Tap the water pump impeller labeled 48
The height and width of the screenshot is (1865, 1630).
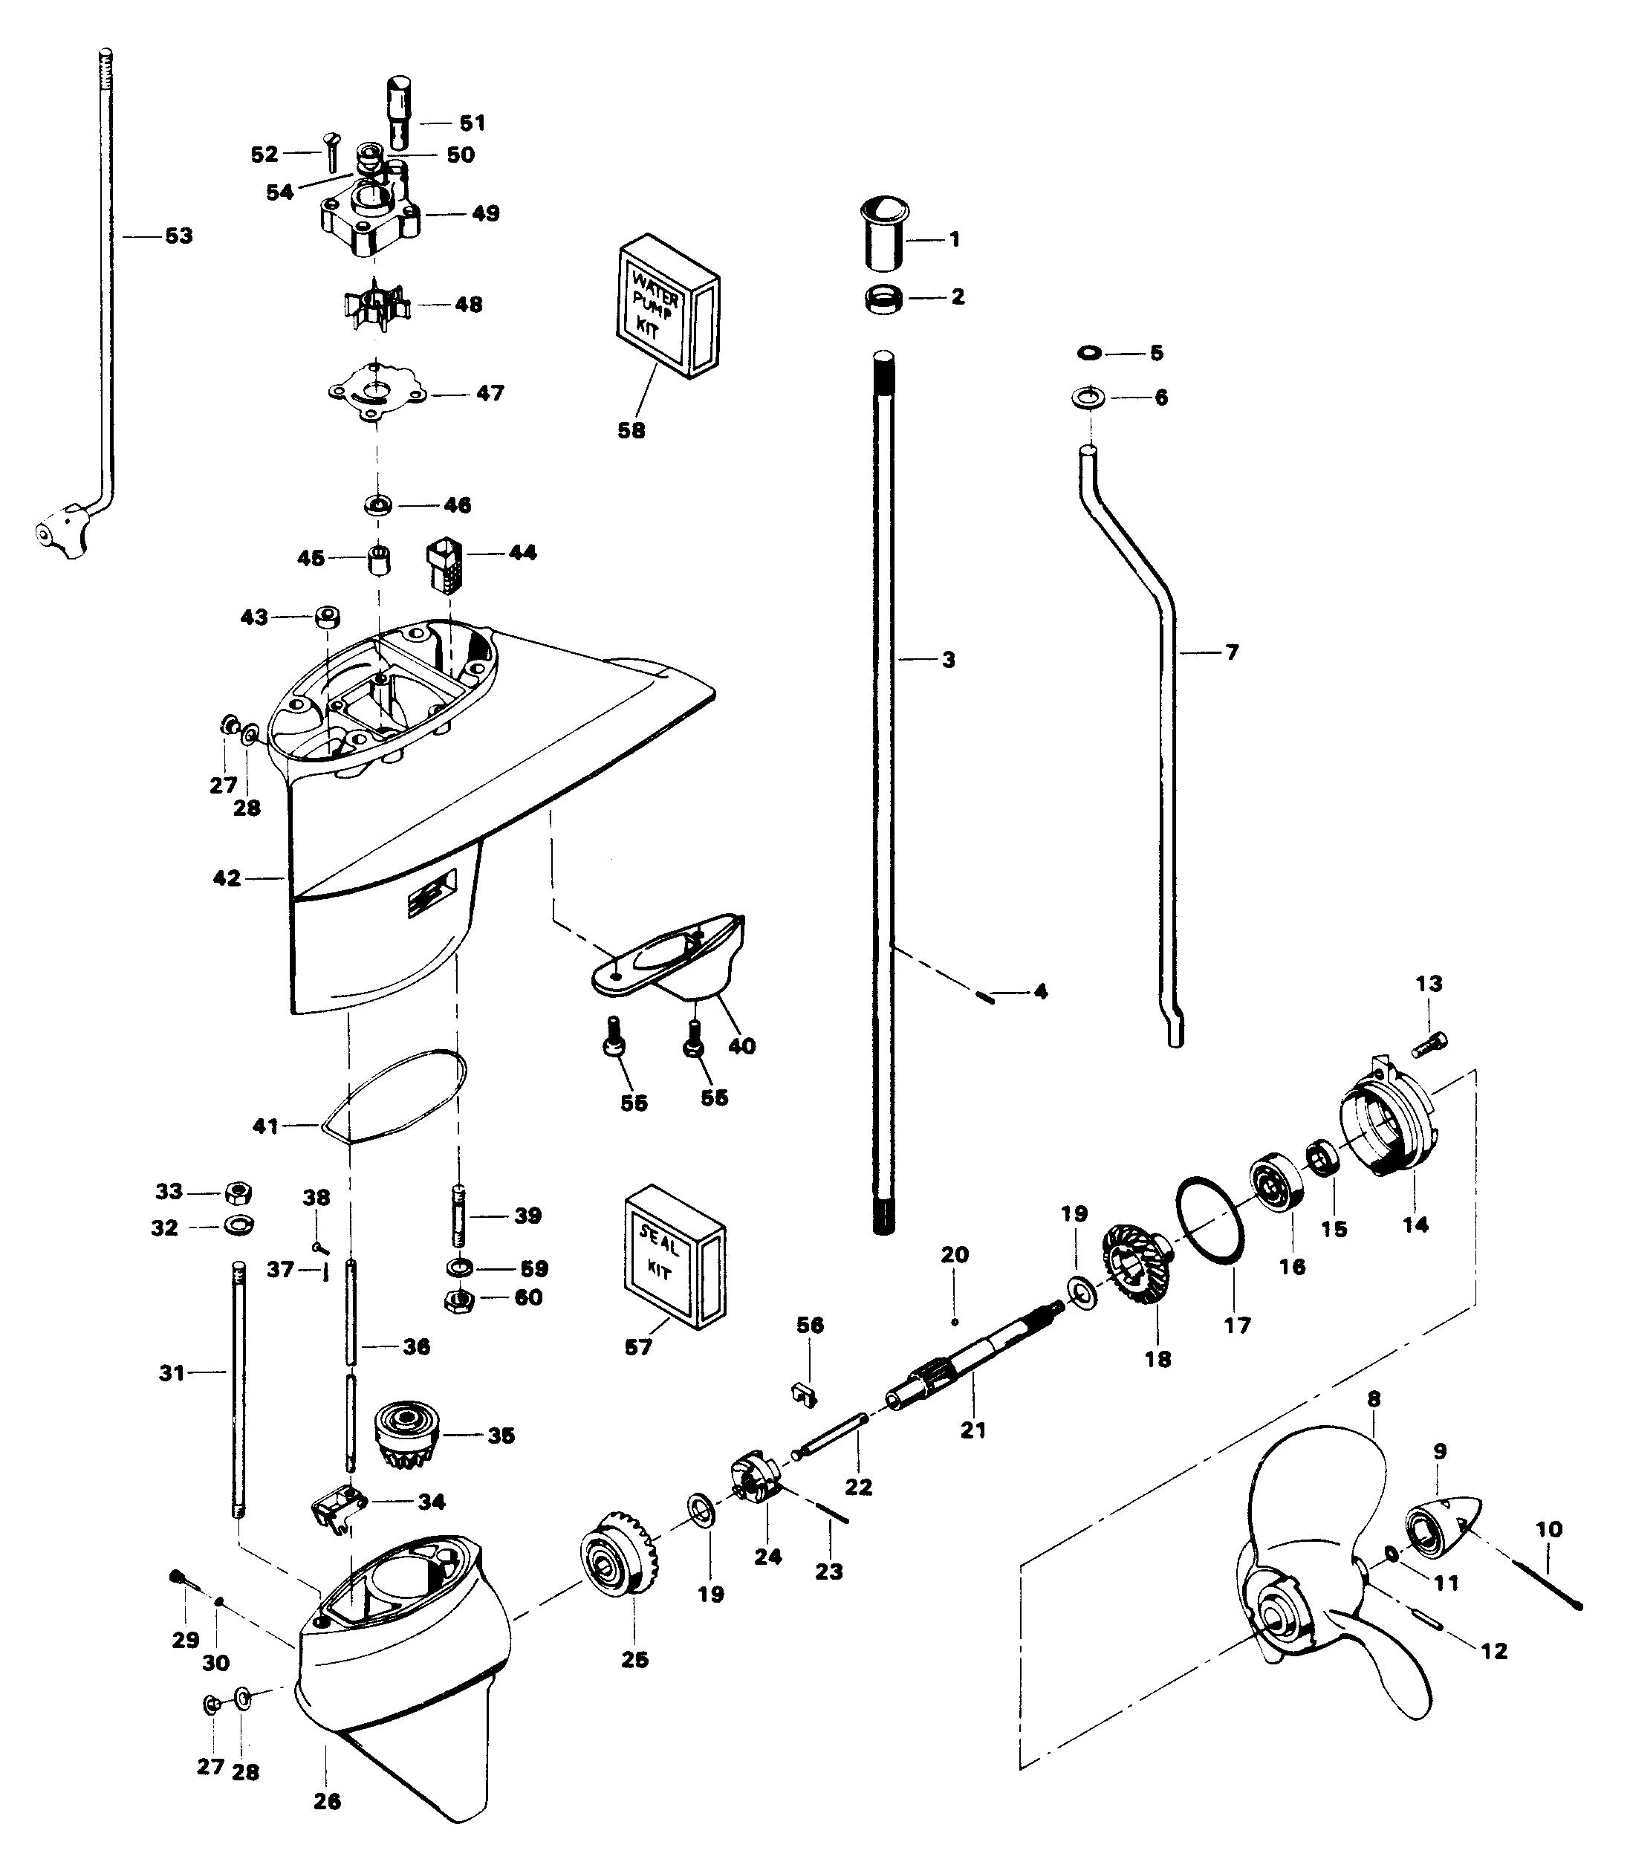[377, 305]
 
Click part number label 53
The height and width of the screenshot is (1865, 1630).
[178, 236]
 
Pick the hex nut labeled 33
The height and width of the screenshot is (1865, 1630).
[238, 1192]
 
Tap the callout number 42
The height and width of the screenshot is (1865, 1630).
[227, 878]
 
